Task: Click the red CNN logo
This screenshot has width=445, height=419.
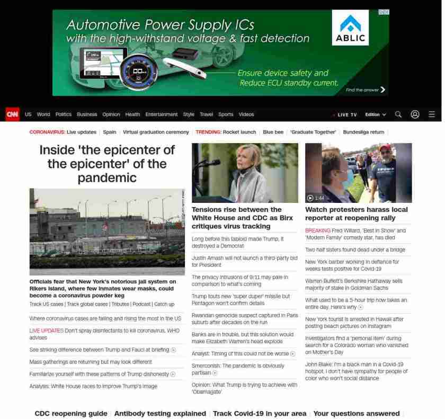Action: [12, 114]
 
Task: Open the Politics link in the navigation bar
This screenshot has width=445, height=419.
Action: [64, 114]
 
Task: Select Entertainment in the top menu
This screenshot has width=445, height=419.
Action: [162, 114]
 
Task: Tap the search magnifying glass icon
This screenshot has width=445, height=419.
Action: [398, 114]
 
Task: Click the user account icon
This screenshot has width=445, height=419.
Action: [415, 114]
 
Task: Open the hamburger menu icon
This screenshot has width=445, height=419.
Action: [432, 114]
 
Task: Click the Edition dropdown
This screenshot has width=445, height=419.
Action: [376, 114]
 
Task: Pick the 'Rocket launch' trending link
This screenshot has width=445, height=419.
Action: [239, 132]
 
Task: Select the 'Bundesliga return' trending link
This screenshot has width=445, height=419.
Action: [363, 132]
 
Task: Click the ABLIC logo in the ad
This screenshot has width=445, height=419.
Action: [350, 29]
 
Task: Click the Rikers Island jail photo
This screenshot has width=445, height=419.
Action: [107, 231]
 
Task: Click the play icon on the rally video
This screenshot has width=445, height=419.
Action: [310, 198]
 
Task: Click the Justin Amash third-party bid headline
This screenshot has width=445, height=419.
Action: [244, 261]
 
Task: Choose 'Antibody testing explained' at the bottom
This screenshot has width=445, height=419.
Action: [160, 414]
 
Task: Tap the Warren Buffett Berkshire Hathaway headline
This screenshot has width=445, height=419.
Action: [353, 284]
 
